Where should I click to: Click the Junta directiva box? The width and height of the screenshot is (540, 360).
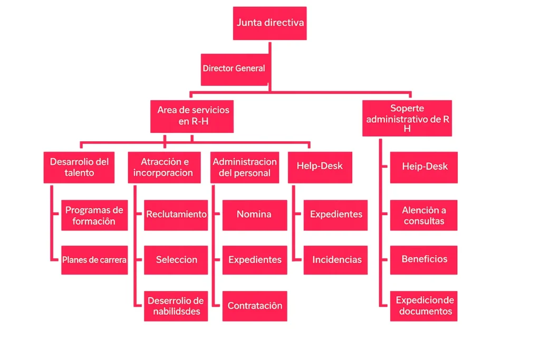(269, 23)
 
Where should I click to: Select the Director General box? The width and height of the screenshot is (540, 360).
(234, 69)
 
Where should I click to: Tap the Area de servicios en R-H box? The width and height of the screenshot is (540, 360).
(192, 116)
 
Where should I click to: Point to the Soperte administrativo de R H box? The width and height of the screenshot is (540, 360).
(407, 118)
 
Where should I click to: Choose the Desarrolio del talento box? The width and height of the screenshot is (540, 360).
(79, 167)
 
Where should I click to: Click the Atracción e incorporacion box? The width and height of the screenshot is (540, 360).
(164, 167)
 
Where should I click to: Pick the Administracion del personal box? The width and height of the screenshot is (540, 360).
(244, 167)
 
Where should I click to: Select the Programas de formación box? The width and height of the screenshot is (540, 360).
(94, 215)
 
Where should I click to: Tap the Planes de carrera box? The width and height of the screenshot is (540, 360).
(94, 260)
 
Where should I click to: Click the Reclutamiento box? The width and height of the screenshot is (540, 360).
(176, 215)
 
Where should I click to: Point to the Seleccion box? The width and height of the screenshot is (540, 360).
(176, 260)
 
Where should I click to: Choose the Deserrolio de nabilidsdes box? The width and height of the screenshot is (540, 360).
(176, 306)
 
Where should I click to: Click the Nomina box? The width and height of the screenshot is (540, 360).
(254, 215)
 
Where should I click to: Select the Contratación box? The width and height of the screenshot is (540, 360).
(254, 306)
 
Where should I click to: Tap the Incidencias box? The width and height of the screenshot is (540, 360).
(336, 260)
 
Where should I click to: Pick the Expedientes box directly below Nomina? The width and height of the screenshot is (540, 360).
(254, 260)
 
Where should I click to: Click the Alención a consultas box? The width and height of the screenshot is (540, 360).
(423, 215)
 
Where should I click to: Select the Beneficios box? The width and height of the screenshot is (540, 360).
(423, 259)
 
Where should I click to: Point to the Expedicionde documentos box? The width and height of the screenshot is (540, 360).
(423, 306)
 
